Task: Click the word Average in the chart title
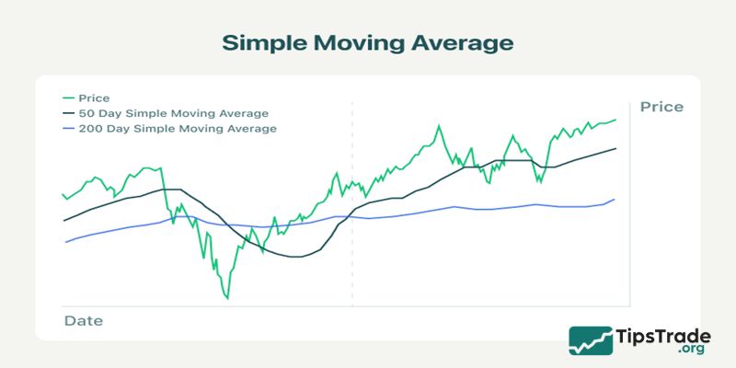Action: point(466,43)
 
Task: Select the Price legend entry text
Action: point(94,98)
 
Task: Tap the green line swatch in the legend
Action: point(68,98)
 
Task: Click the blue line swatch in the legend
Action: point(68,129)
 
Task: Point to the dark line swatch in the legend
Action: point(68,113)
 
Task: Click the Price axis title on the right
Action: point(661,107)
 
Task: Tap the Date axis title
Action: point(83,321)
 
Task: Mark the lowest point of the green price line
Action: point(226,298)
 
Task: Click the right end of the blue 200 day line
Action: point(615,199)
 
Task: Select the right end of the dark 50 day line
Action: point(615,148)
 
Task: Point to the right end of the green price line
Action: point(615,119)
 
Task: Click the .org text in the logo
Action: point(689,351)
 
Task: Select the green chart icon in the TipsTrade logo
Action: point(591,340)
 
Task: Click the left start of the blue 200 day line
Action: point(65,242)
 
